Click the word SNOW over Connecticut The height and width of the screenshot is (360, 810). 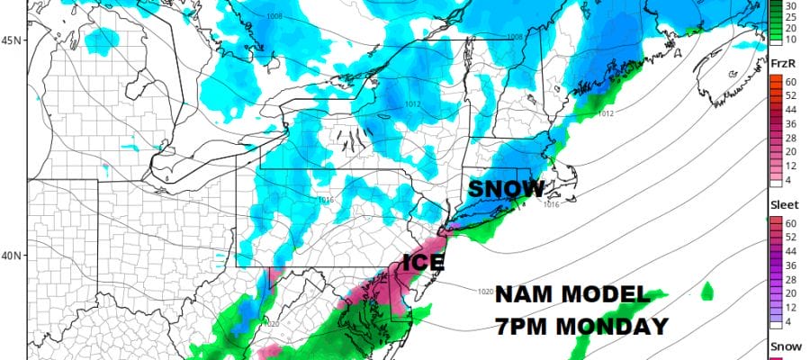click(x=506, y=189)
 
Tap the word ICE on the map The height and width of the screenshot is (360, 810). click(x=423, y=264)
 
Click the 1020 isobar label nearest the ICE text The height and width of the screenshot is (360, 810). click(x=483, y=290)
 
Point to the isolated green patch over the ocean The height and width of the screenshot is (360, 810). click(x=706, y=291)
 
